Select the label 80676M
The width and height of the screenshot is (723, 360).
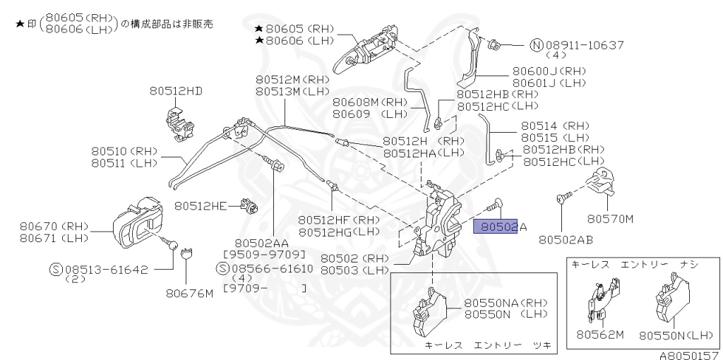tap(189, 293)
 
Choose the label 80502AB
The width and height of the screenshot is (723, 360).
tap(566, 240)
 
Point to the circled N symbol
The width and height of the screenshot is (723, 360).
tap(536, 44)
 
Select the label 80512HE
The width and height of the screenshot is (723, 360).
tap(201, 206)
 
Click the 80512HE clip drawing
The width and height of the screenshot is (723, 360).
tap(248, 205)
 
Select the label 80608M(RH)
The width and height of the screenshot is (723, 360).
tap(366, 102)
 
